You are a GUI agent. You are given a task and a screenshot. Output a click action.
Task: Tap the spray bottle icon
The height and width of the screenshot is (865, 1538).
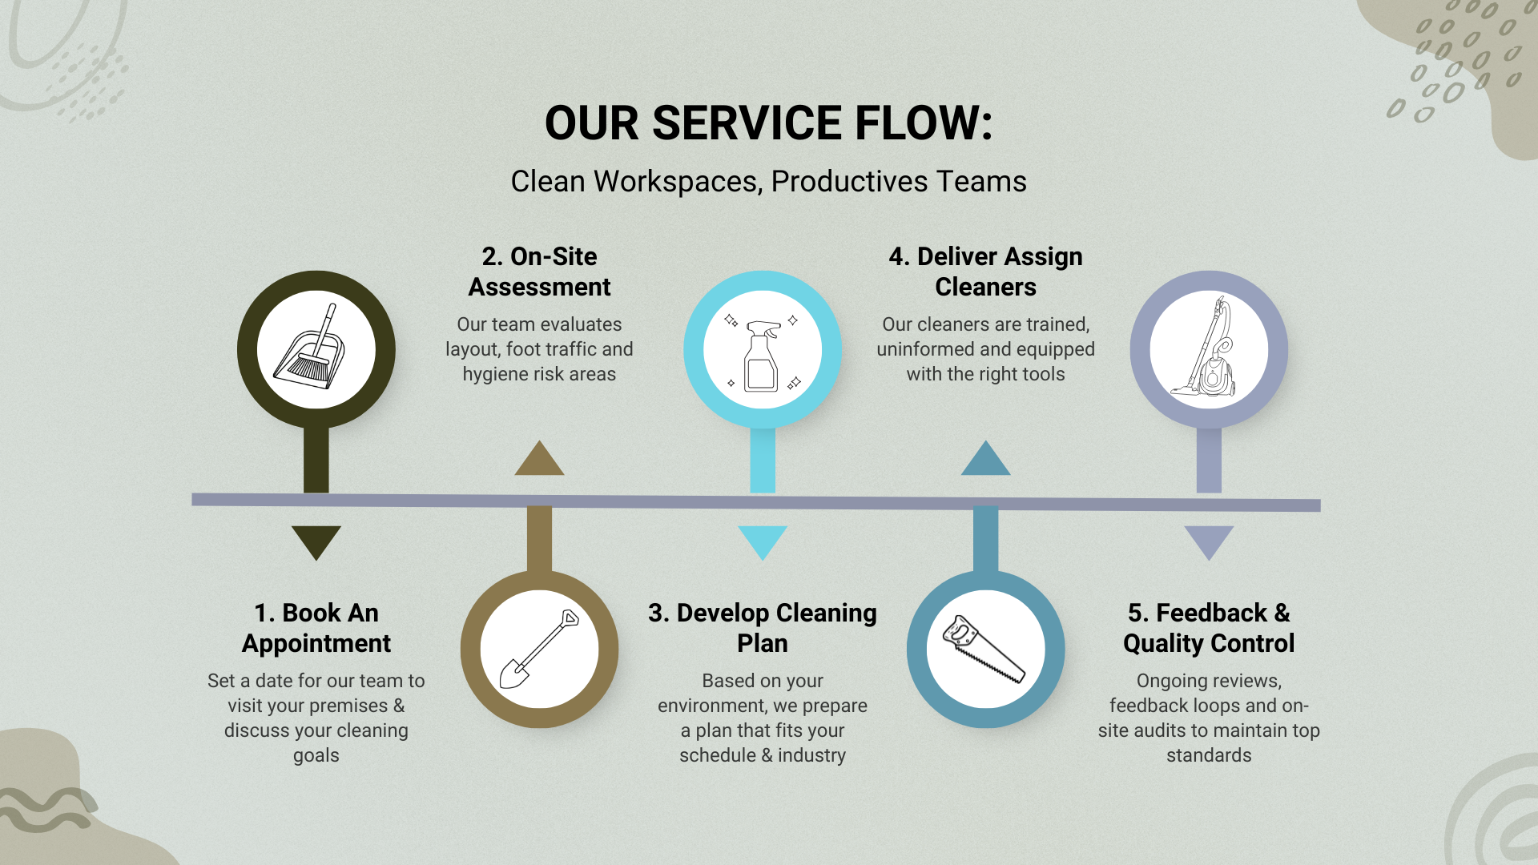click(762, 355)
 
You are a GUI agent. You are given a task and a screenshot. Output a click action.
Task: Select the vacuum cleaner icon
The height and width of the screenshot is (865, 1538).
click(1205, 347)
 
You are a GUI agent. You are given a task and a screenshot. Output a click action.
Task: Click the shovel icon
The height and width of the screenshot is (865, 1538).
click(539, 650)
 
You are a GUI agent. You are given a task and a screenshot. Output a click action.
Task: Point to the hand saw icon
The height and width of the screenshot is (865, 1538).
click(984, 649)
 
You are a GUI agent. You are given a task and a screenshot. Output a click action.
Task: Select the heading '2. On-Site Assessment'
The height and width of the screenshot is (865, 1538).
click(539, 272)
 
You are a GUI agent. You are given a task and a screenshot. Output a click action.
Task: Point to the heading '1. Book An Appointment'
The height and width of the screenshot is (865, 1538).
click(316, 628)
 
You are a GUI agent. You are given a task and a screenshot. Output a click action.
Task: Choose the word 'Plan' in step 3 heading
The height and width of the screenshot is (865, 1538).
click(763, 643)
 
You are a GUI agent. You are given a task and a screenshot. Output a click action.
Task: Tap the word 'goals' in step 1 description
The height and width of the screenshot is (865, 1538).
click(316, 756)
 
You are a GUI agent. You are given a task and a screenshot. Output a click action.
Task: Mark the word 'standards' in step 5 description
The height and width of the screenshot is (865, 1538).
click(1209, 755)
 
